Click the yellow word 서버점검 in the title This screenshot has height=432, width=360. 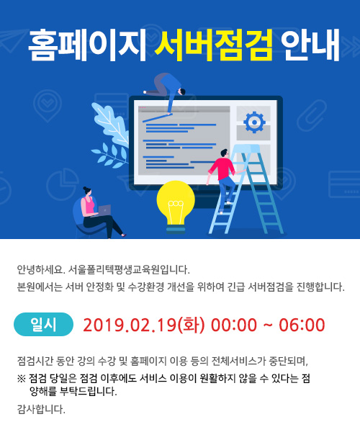[x=213, y=45]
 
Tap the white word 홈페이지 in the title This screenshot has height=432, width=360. [x=87, y=45]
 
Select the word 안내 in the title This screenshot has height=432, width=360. [x=310, y=45]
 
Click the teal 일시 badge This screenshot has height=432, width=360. [x=43, y=324]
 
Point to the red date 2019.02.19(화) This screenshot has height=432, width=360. [x=144, y=325]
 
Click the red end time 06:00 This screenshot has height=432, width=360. [x=302, y=325]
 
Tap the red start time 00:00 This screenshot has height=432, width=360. [x=234, y=325]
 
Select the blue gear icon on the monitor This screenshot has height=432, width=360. [x=254, y=122]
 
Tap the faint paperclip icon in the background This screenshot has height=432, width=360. [x=312, y=115]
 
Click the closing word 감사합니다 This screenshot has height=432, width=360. [x=41, y=410]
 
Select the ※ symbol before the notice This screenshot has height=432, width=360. [x=21, y=379]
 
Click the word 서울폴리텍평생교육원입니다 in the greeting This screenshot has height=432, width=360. [x=129, y=269]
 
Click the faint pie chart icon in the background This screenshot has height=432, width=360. [x=62, y=184]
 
